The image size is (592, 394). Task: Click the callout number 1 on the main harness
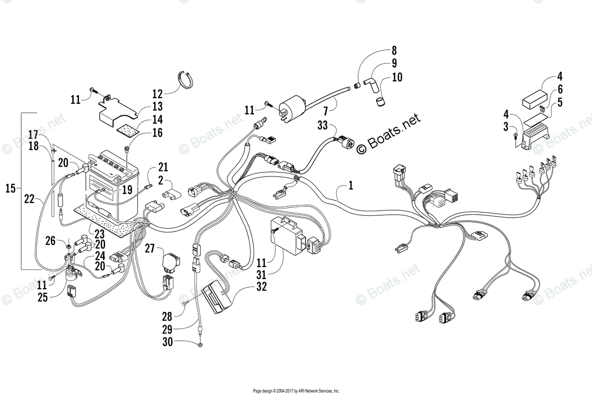tap(351, 187)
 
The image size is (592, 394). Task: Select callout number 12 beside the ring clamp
tap(157, 94)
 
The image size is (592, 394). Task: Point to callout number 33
tap(323, 126)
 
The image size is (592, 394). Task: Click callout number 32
tap(261, 287)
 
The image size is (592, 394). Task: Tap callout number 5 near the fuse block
tap(560, 102)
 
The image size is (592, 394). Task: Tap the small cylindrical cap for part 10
tap(379, 102)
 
